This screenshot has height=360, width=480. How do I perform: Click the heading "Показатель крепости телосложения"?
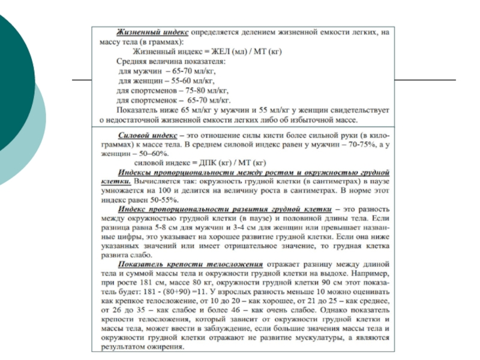point(191,263)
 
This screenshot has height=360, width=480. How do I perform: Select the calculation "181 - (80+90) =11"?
point(160,290)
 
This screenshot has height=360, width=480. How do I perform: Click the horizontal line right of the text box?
point(425,80)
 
